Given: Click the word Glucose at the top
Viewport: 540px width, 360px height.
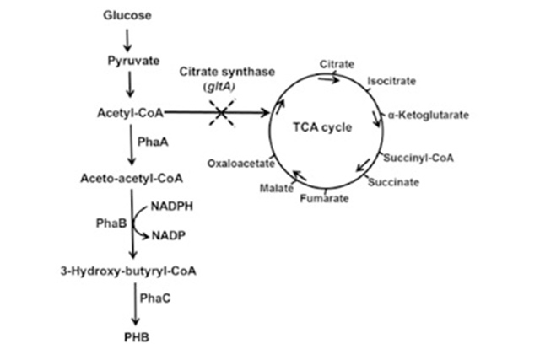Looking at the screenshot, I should coord(127,16).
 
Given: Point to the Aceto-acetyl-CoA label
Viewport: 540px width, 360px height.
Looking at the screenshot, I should coord(132,179).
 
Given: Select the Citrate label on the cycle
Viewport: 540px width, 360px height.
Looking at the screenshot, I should coord(337,64).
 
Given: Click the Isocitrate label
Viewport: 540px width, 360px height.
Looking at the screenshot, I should coord(391,82).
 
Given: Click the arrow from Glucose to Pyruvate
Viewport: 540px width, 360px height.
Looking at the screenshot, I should coord(127,39).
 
